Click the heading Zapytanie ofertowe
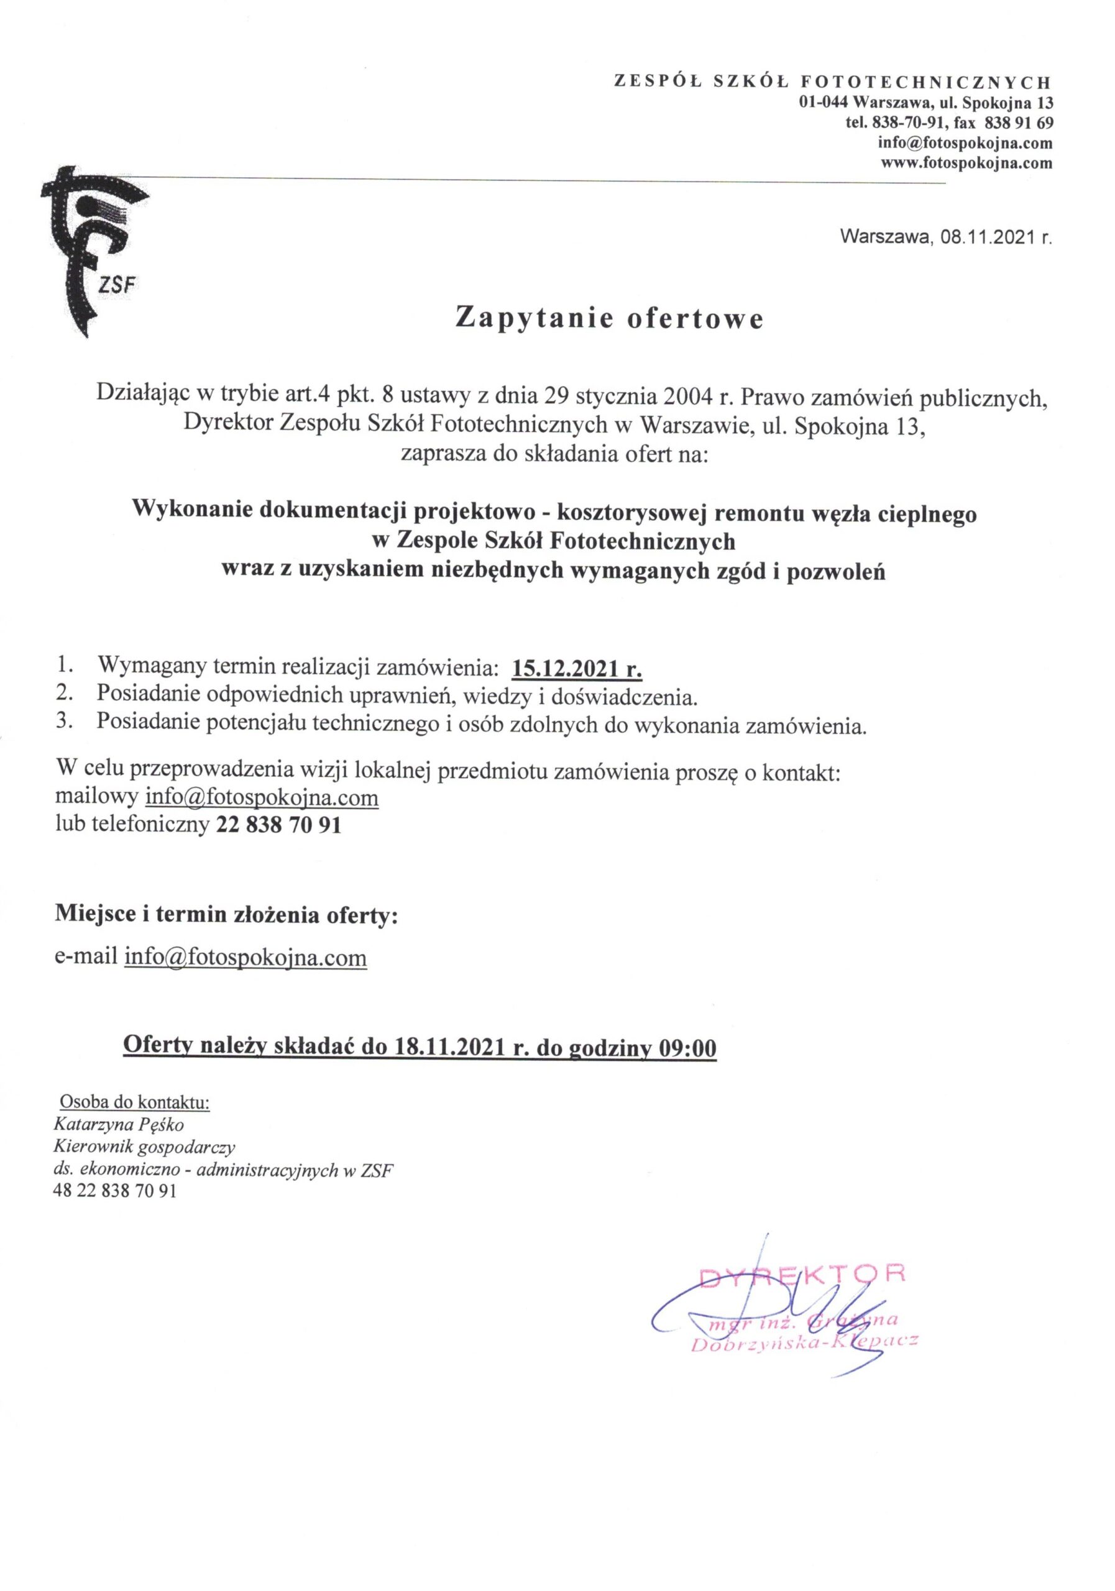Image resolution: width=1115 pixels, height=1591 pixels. click(x=608, y=318)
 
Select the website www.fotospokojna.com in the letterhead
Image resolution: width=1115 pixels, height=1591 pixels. click(x=966, y=164)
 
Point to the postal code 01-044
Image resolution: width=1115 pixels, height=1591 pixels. click(x=824, y=103)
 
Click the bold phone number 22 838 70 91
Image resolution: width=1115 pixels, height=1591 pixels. click(x=278, y=825)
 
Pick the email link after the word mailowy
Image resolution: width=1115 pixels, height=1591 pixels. click(x=261, y=797)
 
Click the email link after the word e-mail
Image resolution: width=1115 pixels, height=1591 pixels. click(x=245, y=957)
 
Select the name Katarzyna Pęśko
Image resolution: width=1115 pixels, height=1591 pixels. click(x=119, y=1125)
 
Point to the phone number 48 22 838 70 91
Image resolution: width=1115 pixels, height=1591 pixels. click(x=114, y=1191)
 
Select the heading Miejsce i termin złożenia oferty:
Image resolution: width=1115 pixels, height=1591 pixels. click(x=227, y=915)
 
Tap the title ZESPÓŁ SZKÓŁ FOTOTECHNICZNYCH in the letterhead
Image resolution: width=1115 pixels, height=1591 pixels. click(x=832, y=82)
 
